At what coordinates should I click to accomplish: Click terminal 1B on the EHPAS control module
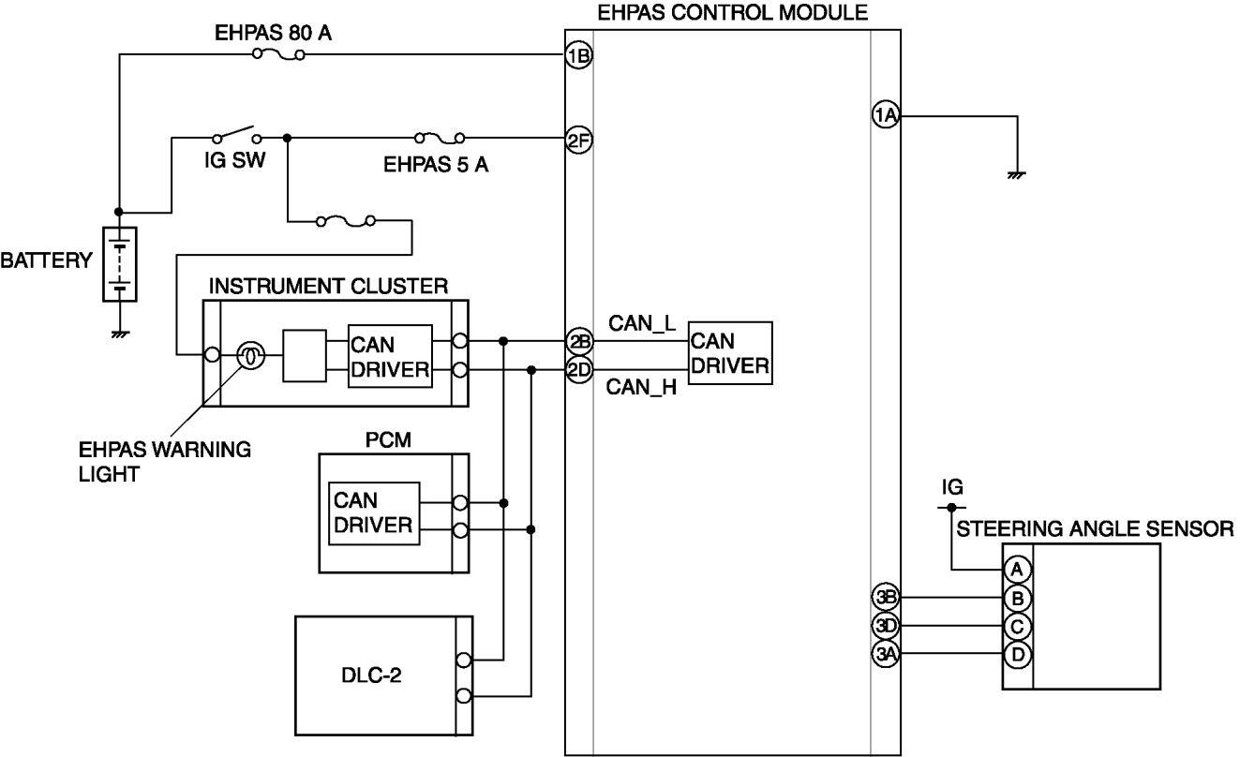(x=578, y=55)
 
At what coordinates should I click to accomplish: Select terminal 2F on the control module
(x=578, y=140)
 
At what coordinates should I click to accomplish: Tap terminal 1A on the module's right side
(x=886, y=115)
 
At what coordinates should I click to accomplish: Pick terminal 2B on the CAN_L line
(x=578, y=341)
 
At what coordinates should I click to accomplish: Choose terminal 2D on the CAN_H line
(x=578, y=370)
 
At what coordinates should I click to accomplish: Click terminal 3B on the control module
(x=886, y=597)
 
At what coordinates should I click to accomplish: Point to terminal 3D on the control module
(x=886, y=626)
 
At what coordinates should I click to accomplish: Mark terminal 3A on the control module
(x=886, y=654)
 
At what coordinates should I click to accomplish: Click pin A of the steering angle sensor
(x=1018, y=570)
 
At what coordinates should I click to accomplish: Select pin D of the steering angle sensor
(x=1018, y=655)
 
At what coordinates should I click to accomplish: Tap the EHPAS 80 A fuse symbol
(x=278, y=54)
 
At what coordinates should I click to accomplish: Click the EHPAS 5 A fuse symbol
(x=440, y=138)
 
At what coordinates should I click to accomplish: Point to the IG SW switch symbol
(x=237, y=134)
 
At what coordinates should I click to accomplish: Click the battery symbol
(x=120, y=264)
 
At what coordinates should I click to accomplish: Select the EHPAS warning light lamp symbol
(x=251, y=355)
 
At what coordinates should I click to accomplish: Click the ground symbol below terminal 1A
(x=1016, y=175)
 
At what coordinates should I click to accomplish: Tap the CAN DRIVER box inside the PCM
(x=374, y=513)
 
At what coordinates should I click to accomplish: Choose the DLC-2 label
(x=371, y=675)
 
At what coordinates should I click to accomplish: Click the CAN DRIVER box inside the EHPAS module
(x=730, y=353)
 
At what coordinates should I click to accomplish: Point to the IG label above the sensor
(x=952, y=487)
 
